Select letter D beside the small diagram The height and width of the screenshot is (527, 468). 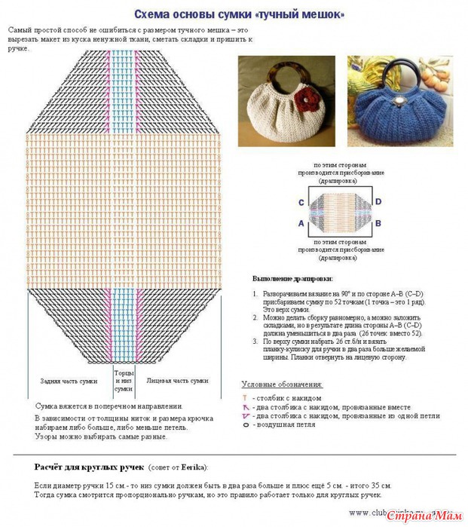(x=378, y=201)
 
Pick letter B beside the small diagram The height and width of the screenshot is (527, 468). (x=378, y=223)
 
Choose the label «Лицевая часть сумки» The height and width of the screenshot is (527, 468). (x=177, y=381)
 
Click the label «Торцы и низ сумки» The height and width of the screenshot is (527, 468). (x=124, y=381)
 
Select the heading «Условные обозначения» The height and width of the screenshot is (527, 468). (x=282, y=384)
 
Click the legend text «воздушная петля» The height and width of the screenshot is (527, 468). (x=289, y=425)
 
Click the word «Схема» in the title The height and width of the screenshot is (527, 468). (x=151, y=14)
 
